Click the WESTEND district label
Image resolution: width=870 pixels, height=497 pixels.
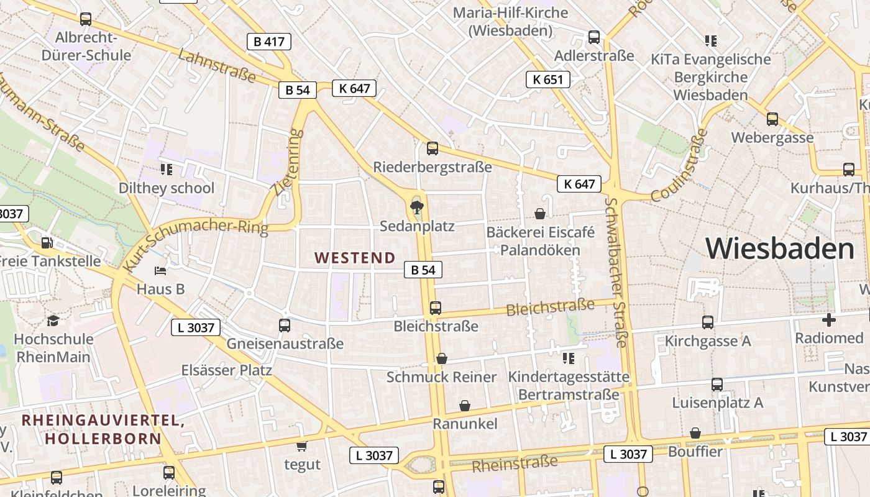355,258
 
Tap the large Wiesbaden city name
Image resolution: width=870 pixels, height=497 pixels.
780,248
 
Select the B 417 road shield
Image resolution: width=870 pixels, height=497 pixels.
269,42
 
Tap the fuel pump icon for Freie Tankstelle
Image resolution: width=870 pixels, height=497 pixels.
46,243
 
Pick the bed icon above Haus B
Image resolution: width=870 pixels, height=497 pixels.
160,271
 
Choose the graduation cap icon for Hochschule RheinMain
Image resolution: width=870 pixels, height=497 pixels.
53,321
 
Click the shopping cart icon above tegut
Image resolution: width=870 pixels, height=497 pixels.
302,445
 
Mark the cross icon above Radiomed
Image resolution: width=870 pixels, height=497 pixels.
829,320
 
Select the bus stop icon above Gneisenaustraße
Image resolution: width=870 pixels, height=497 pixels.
285,325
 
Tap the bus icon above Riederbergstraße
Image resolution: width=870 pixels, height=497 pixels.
433,148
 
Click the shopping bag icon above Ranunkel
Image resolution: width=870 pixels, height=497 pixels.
465,406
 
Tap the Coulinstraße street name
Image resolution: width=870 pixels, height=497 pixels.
680,165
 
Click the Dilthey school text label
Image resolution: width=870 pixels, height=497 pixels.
167,188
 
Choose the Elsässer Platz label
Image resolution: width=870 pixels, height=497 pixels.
227,370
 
